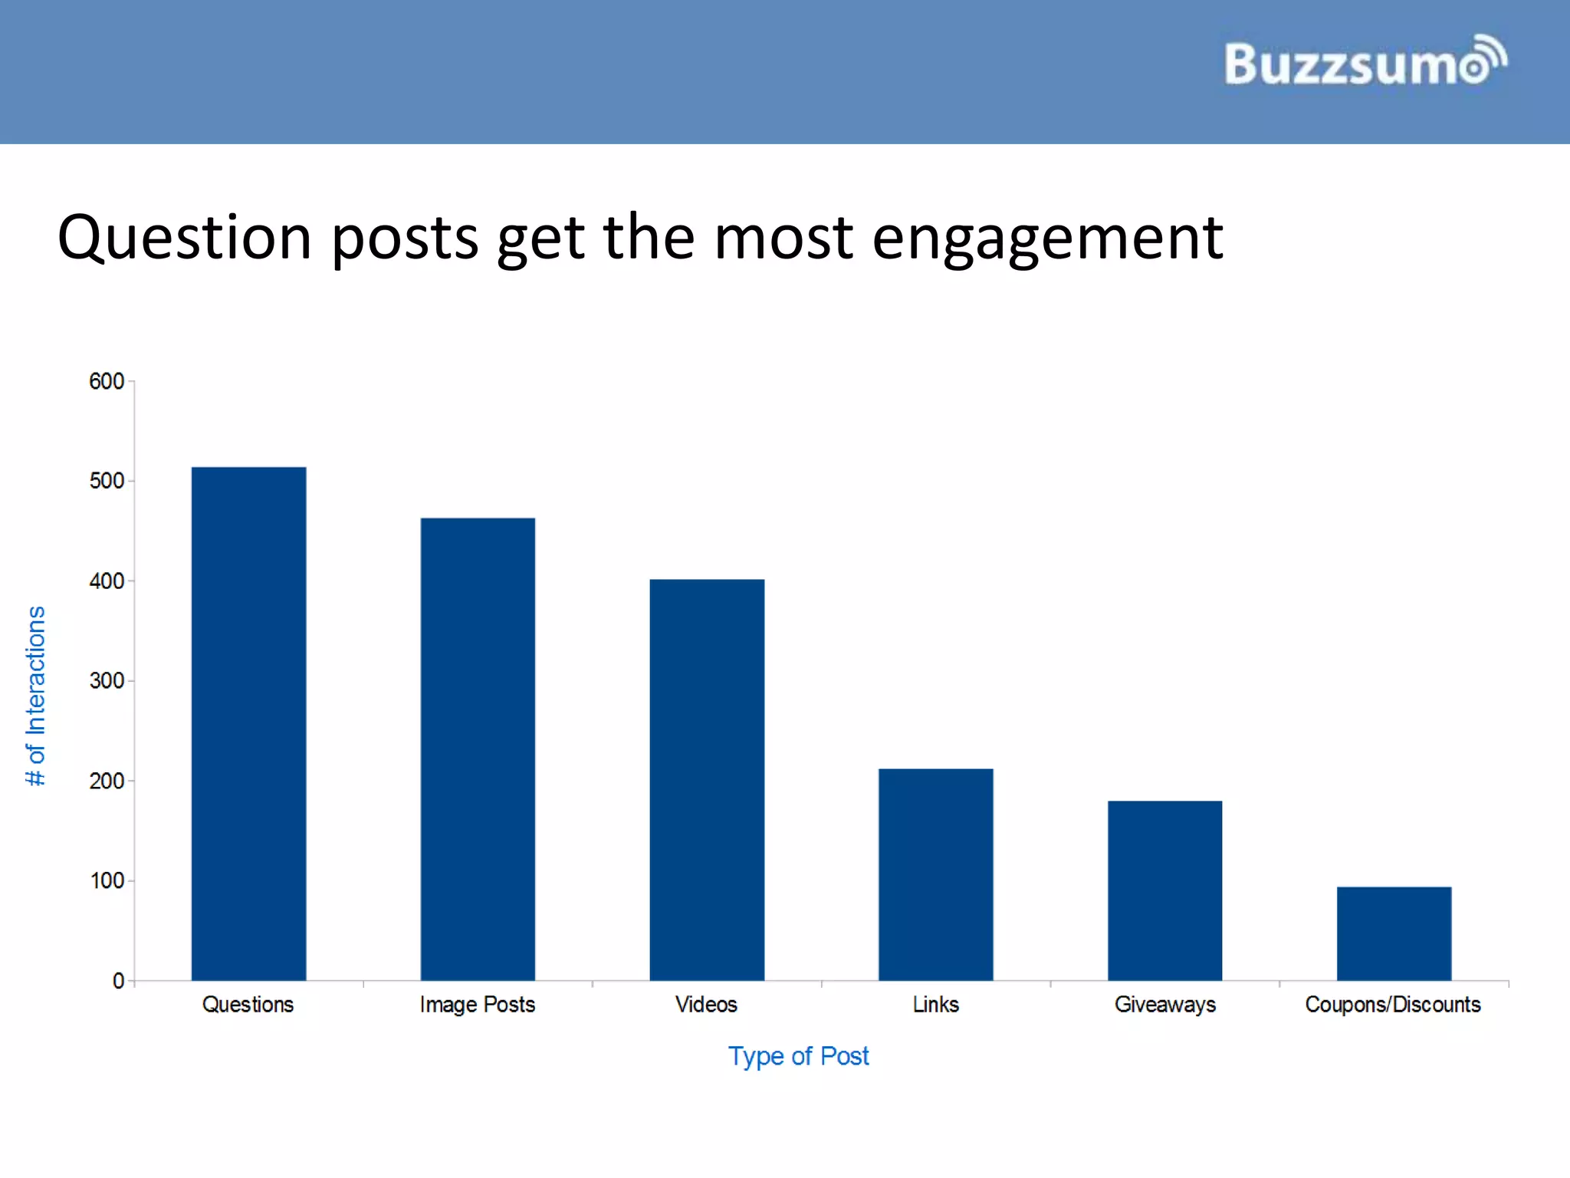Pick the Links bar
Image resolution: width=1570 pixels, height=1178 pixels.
935,874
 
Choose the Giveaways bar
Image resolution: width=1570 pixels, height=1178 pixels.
1164,890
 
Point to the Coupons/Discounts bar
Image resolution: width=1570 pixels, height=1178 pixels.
1394,933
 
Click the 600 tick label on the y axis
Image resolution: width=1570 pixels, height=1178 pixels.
106,381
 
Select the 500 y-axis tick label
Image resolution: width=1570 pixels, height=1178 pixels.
106,481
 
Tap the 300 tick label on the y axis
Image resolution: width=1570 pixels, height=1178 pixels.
106,681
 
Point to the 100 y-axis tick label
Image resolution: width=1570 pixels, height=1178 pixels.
106,880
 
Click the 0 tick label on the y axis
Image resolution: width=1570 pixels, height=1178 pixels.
118,981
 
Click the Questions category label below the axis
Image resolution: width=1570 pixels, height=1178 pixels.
248,1005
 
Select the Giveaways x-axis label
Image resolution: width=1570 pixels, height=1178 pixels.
1164,1005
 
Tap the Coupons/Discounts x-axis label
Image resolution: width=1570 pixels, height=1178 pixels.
1393,1005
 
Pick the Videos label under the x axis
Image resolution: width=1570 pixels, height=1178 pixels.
706,1005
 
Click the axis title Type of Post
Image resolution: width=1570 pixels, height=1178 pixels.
798,1056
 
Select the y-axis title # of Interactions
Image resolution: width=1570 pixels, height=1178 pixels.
36,696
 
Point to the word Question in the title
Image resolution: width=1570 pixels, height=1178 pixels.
184,238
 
